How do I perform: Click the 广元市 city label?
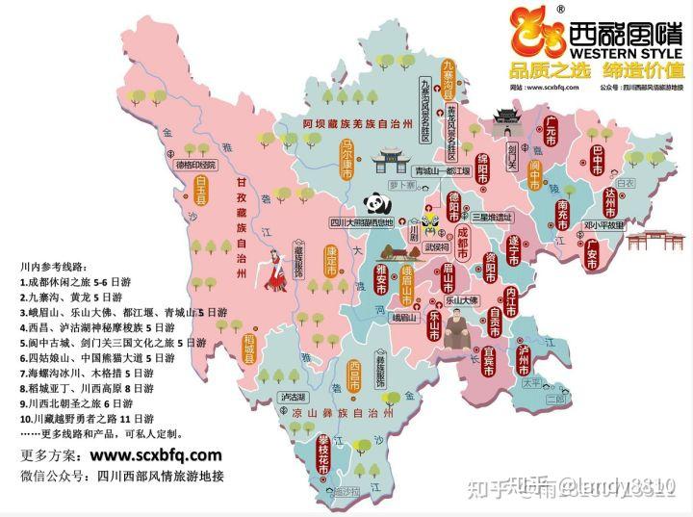coord(552,131)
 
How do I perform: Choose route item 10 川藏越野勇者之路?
coord(87,417)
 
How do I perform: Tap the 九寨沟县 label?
coord(448,81)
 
